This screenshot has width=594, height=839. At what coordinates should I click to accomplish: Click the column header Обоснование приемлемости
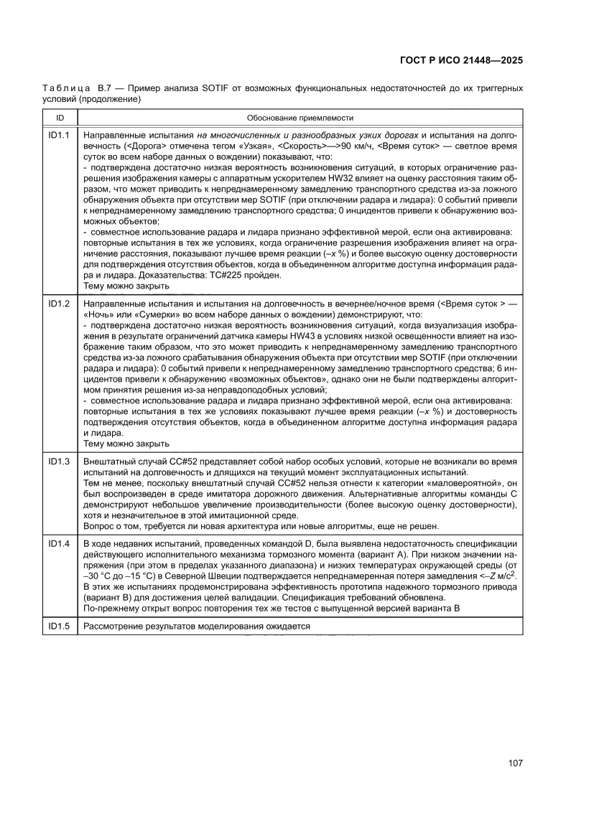click(300, 118)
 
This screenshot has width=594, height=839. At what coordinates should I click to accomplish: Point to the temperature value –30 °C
click(103, 576)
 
